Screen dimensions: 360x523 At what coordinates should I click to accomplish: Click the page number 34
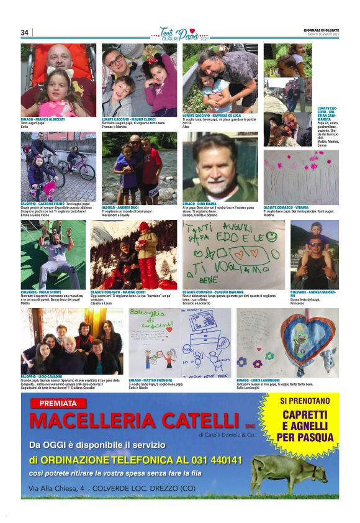[25, 32]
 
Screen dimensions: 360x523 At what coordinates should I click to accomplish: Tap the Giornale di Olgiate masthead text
[322, 30]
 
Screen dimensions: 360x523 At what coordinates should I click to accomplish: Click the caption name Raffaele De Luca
[224, 115]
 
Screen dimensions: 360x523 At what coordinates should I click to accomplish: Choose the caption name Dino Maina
[207, 203]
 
